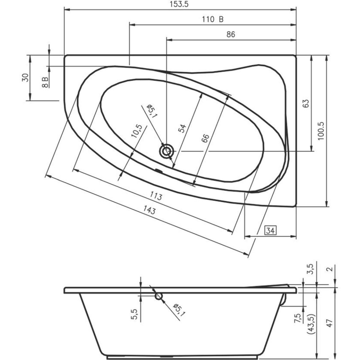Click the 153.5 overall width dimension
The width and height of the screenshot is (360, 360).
pyautogui.click(x=179, y=4)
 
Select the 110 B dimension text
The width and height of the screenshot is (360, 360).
pyautogui.click(x=213, y=19)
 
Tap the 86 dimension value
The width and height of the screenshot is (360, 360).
pyautogui.click(x=231, y=34)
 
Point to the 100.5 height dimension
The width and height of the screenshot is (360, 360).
pyautogui.click(x=321, y=131)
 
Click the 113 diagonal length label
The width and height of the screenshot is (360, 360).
pyautogui.click(x=156, y=196)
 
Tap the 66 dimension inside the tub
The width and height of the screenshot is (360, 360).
pyautogui.click(x=205, y=138)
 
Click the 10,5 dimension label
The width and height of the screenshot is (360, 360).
pyautogui.click(x=136, y=131)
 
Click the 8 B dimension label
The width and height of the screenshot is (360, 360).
pyautogui.click(x=45, y=82)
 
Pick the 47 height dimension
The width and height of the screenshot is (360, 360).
pyautogui.click(x=330, y=323)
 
